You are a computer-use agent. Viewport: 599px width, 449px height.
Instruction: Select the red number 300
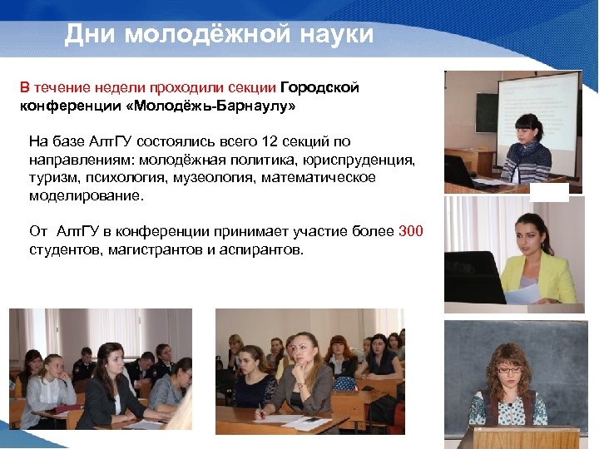click(411, 230)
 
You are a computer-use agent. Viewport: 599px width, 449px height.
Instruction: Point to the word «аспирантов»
click(265, 249)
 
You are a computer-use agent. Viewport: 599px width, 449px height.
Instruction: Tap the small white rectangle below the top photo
click(550, 192)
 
